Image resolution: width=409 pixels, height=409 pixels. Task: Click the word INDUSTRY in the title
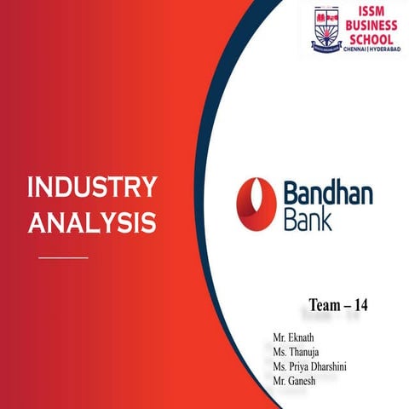92,188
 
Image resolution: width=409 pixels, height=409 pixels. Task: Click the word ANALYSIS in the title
92,222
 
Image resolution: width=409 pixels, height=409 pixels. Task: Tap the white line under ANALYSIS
64,256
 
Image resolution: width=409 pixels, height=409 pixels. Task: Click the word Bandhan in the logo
325,192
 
